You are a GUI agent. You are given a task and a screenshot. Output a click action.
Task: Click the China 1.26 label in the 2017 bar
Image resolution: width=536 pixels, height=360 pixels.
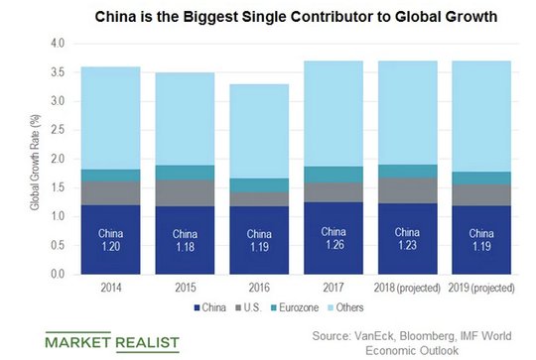point(334,238)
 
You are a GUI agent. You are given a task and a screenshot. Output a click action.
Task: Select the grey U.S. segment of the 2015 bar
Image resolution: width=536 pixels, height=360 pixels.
point(185,193)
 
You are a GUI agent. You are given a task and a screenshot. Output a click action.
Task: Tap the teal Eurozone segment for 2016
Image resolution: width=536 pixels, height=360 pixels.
point(259,185)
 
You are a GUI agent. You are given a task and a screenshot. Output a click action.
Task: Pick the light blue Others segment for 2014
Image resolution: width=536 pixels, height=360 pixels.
point(111,118)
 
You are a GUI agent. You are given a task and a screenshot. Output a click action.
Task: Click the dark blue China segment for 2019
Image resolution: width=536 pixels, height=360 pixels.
point(481,240)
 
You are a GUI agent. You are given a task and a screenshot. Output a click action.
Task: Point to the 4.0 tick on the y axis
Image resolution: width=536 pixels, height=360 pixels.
point(58,44)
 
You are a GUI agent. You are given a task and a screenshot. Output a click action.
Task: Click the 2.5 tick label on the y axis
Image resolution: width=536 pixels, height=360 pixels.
point(58,130)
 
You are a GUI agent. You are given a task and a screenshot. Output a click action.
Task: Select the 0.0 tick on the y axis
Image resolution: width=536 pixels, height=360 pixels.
point(58,274)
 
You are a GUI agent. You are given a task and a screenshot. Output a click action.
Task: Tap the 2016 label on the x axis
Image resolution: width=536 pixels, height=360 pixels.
point(259,288)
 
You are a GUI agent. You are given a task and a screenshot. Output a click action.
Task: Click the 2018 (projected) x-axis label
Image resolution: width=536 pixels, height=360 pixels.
point(407,288)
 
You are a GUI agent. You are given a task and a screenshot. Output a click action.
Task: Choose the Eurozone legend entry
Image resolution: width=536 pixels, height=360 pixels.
point(295,307)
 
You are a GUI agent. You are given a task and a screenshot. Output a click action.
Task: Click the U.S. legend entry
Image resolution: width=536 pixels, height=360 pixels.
point(248,307)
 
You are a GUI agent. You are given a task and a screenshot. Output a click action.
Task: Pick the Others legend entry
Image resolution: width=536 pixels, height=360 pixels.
point(345,307)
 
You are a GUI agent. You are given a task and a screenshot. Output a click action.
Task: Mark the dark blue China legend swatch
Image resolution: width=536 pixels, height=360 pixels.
point(197,307)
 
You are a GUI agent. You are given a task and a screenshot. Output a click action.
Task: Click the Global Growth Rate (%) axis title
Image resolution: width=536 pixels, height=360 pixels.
point(35,163)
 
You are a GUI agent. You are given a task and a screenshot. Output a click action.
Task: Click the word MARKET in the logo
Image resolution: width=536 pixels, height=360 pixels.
point(78,342)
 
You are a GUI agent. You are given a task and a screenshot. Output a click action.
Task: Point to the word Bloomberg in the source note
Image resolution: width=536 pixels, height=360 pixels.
point(427,336)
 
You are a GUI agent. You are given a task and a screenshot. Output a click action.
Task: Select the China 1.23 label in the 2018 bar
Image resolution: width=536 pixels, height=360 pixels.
point(407,239)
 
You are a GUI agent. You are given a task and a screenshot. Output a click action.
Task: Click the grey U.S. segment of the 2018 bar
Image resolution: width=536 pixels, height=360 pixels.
point(408,190)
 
